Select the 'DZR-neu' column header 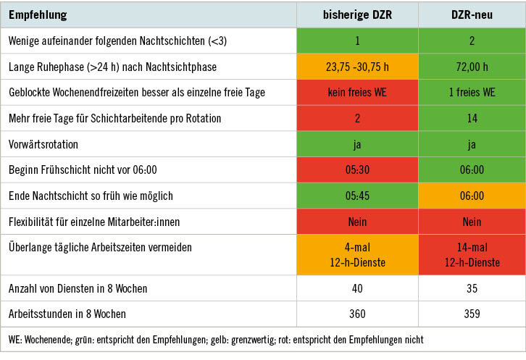pos(471,14)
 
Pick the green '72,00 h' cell pos(471,67)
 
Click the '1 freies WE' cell pos(471,92)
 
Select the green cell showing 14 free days pos(471,118)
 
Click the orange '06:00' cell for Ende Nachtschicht pos(471,196)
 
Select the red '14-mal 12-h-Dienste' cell pos(471,254)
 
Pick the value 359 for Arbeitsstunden pos(471,314)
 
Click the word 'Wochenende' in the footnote pos(46,340)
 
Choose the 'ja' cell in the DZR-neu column pos(471,144)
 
